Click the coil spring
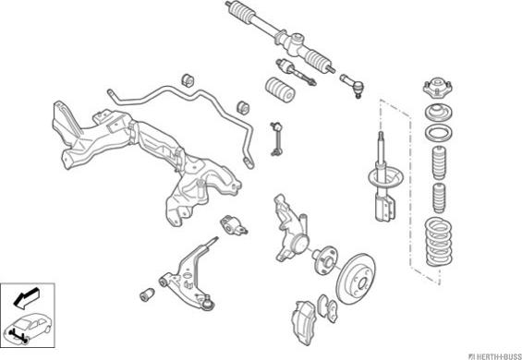[439, 242]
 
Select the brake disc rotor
[356, 279]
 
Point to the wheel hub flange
[324, 260]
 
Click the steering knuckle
[290, 230]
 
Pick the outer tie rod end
[352, 86]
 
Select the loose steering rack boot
[281, 90]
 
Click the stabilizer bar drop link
[276, 139]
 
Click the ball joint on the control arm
[207, 303]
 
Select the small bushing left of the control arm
[147, 294]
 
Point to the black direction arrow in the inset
[26, 297]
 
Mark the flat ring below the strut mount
[439, 134]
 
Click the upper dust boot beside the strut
[439, 163]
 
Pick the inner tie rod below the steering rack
[296, 73]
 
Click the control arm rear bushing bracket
[234, 225]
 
